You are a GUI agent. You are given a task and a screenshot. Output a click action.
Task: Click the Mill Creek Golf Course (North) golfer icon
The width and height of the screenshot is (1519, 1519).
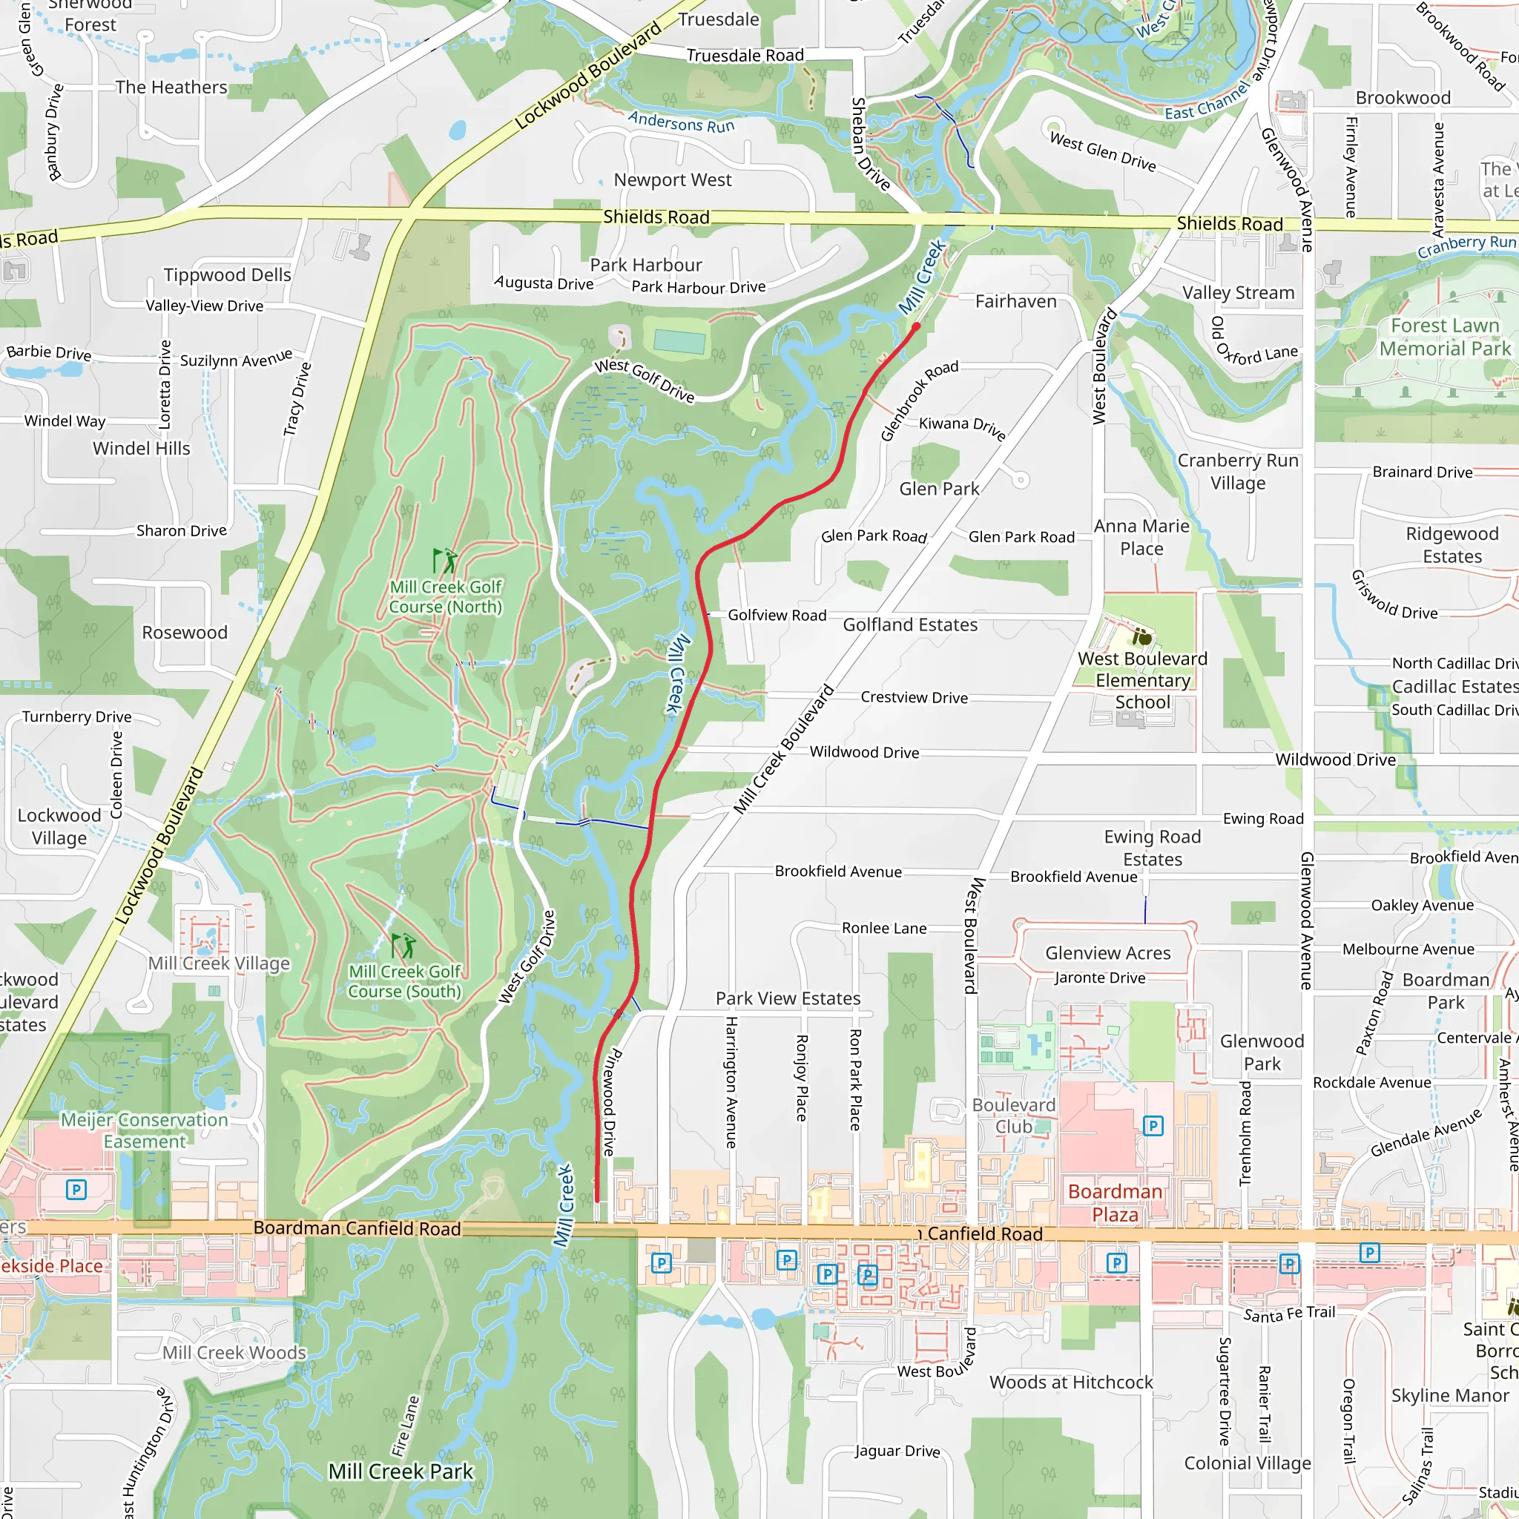tap(445, 561)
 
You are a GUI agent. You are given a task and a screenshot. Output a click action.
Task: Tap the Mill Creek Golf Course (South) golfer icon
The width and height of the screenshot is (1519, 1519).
tap(403, 945)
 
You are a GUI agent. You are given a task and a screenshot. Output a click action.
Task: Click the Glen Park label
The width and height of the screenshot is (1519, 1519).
tap(939, 489)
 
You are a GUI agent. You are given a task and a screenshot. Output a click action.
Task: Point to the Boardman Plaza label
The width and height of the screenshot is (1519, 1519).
tap(1114, 1203)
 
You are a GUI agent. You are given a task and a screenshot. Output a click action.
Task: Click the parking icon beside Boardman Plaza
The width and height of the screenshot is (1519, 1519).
tap(1153, 1126)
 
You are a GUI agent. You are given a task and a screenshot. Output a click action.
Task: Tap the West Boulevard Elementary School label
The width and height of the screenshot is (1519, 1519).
tap(1142, 681)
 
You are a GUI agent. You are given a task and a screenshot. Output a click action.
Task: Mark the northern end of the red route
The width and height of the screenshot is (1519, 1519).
tap(917, 326)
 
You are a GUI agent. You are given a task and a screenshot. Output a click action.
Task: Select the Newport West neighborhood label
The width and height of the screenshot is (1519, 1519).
tap(672, 180)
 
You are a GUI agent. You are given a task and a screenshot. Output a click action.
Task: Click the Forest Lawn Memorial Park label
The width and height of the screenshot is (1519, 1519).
tap(1444, 337)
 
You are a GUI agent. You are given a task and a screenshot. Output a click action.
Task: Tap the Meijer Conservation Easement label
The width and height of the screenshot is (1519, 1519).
tap(145, 1130)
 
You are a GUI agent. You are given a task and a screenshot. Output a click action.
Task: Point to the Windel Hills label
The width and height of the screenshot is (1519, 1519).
tap(142, 448)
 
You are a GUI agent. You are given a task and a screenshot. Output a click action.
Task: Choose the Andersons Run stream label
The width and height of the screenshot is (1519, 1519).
tap(681, 122)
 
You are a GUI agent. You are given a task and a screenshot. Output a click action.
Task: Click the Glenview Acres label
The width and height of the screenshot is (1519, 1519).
tap(1107, 953)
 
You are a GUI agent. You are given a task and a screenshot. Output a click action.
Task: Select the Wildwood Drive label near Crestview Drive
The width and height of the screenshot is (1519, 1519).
tap(864, 752)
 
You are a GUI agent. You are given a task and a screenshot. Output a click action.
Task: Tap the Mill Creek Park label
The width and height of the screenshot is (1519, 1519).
tap(401, 1471)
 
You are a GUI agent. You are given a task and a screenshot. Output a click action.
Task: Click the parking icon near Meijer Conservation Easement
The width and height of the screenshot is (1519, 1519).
tap(76, 1190)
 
